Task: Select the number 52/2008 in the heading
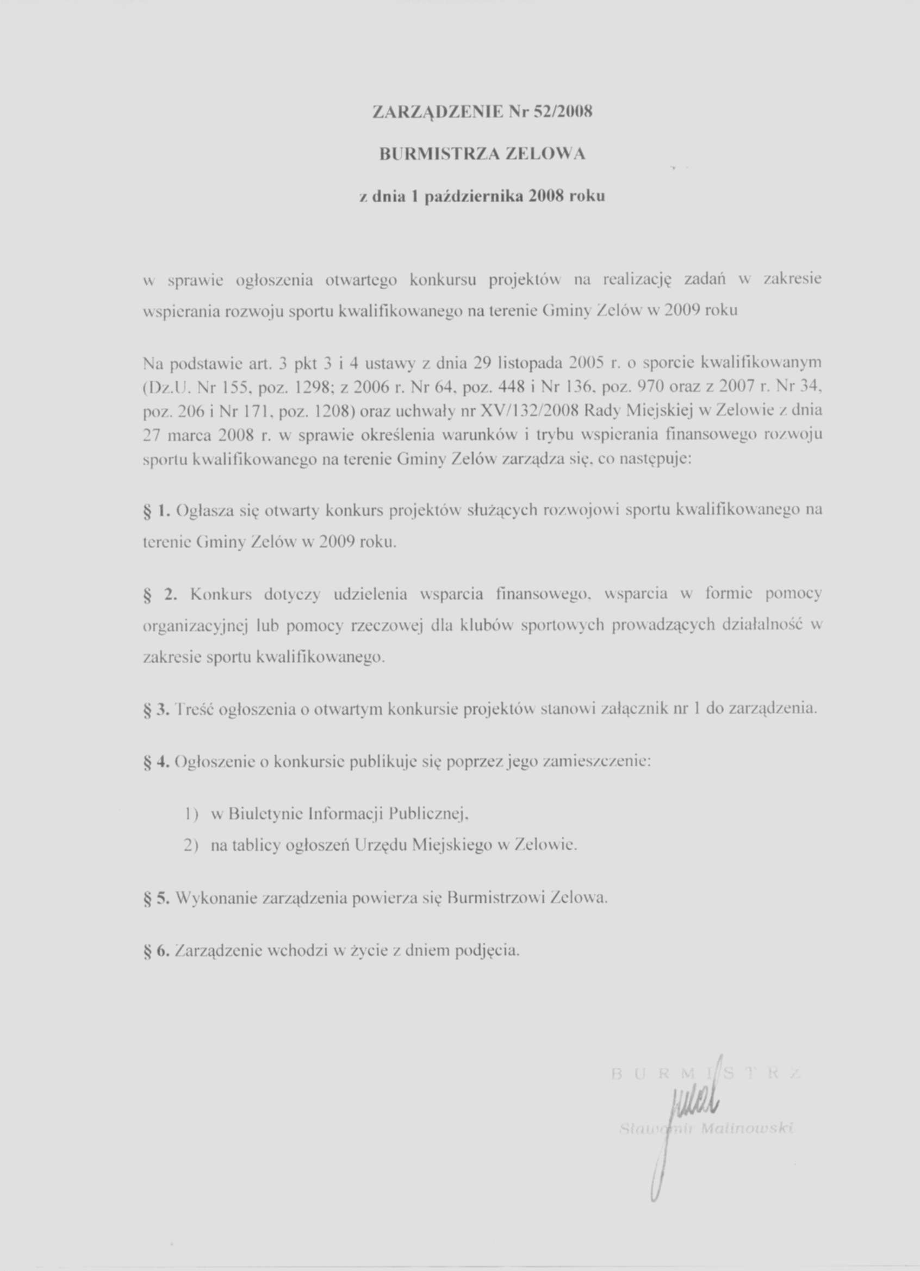point(562,112)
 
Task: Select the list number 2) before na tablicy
point(192,845)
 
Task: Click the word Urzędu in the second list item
point(382,845)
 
